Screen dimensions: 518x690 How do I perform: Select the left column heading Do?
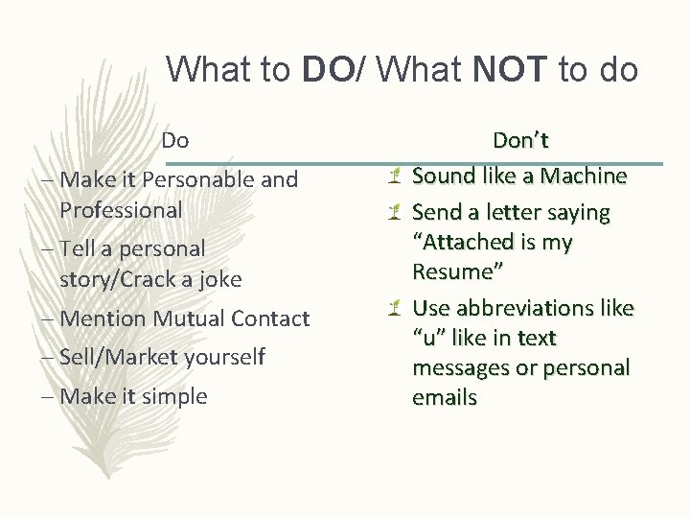click(174, 140)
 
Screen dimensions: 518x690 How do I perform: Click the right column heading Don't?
click(520, 141)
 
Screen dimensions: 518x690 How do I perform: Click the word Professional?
click(121, 209)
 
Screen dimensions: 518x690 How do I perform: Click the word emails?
click(445, 397)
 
